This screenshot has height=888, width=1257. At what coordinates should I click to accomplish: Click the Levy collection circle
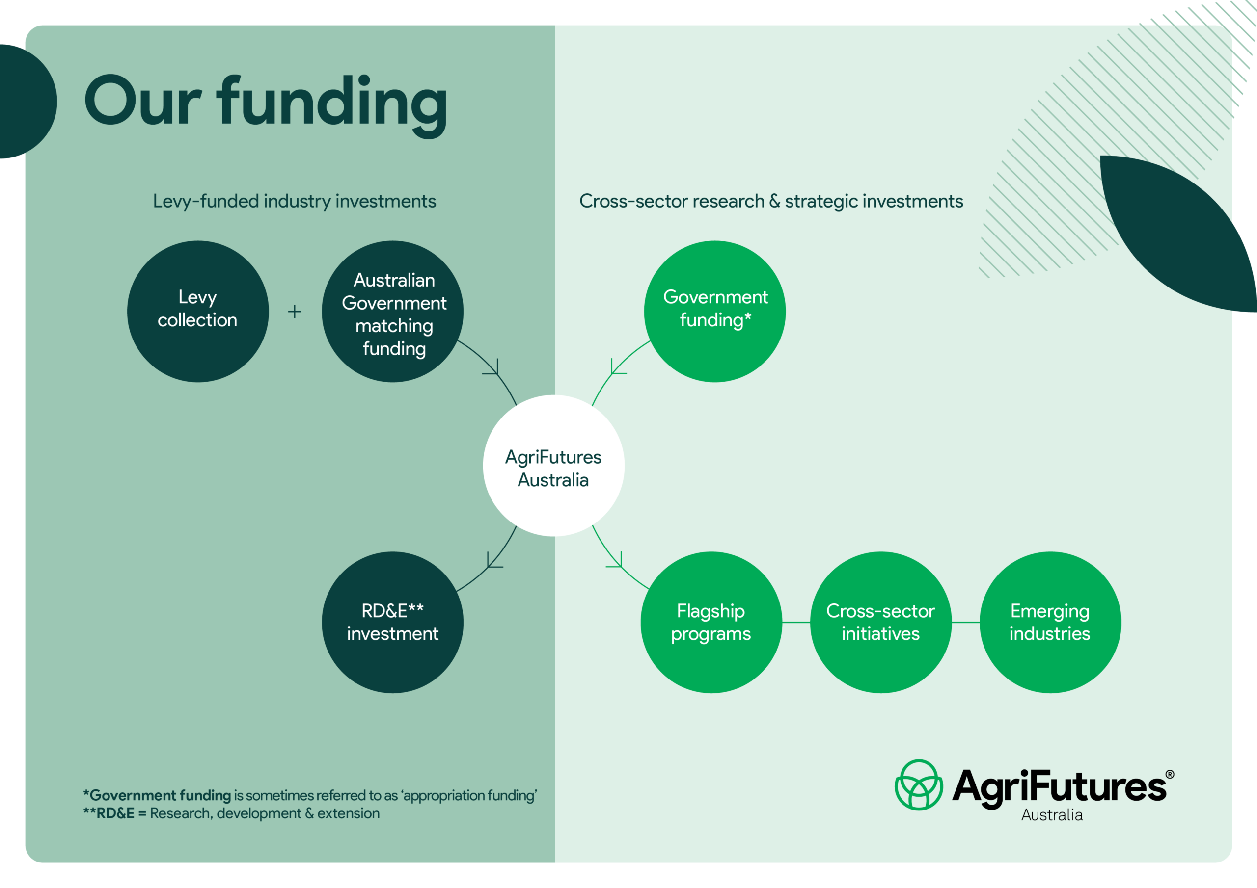198,312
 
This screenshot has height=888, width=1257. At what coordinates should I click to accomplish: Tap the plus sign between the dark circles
295,312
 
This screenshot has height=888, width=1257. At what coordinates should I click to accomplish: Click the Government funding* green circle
714,312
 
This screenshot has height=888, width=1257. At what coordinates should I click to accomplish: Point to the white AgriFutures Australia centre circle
553,466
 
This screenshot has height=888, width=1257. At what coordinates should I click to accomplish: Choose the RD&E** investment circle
392,622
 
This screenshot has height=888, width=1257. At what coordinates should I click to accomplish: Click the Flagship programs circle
711,622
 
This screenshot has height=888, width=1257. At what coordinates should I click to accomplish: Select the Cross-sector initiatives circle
880,622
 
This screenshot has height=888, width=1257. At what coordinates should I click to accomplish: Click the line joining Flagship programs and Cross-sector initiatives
796,622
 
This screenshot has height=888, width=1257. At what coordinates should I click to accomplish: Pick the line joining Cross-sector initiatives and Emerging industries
965,622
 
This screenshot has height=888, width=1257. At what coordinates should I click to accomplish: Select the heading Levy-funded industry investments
295,201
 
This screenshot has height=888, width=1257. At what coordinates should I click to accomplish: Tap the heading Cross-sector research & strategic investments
771,201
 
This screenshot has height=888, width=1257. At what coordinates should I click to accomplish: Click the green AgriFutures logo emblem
918,784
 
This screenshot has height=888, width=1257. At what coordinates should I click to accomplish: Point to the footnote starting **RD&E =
231,813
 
